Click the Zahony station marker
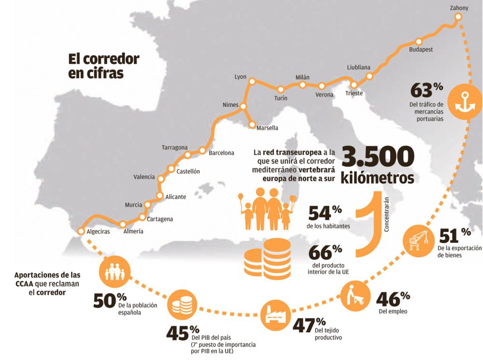458,16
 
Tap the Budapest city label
421,50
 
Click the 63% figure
427,90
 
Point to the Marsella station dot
252,124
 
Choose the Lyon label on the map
240,77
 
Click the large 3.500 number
378,157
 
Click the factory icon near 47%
275,315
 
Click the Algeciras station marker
81,231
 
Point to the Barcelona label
221,153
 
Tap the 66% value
325,252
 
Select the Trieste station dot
354,85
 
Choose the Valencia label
144,177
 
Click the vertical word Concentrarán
386,214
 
